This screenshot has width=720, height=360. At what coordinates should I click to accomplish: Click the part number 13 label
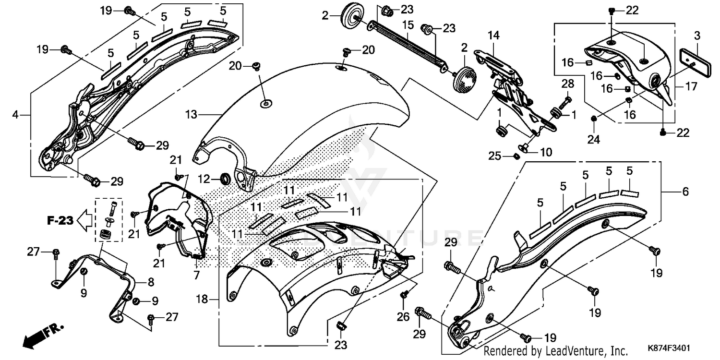(x=191, y=114)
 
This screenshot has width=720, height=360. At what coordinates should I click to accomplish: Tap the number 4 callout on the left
(x=16, y=115)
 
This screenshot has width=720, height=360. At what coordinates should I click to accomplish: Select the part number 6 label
(x=685, y=192)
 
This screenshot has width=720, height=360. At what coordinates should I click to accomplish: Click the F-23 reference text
(x=60, y=221)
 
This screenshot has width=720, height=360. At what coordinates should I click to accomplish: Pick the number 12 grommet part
(x=225, y=179)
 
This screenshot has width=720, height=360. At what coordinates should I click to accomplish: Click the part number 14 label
(x=494, y=35)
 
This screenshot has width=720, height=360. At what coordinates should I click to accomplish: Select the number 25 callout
(x=495, y=156)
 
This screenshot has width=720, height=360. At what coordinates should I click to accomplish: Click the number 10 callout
(x=546, y=152)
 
